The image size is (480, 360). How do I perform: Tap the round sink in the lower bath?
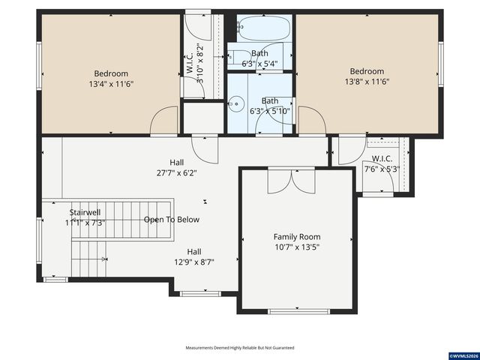235,104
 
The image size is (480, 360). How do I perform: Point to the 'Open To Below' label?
172,220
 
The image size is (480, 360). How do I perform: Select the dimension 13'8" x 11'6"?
367,82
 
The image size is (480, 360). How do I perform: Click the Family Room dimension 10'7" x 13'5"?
297,247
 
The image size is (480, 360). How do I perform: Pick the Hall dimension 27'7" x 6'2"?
177,172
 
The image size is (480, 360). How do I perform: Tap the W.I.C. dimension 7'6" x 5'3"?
382,169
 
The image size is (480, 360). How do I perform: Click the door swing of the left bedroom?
165,121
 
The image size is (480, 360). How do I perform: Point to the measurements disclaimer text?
240,348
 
